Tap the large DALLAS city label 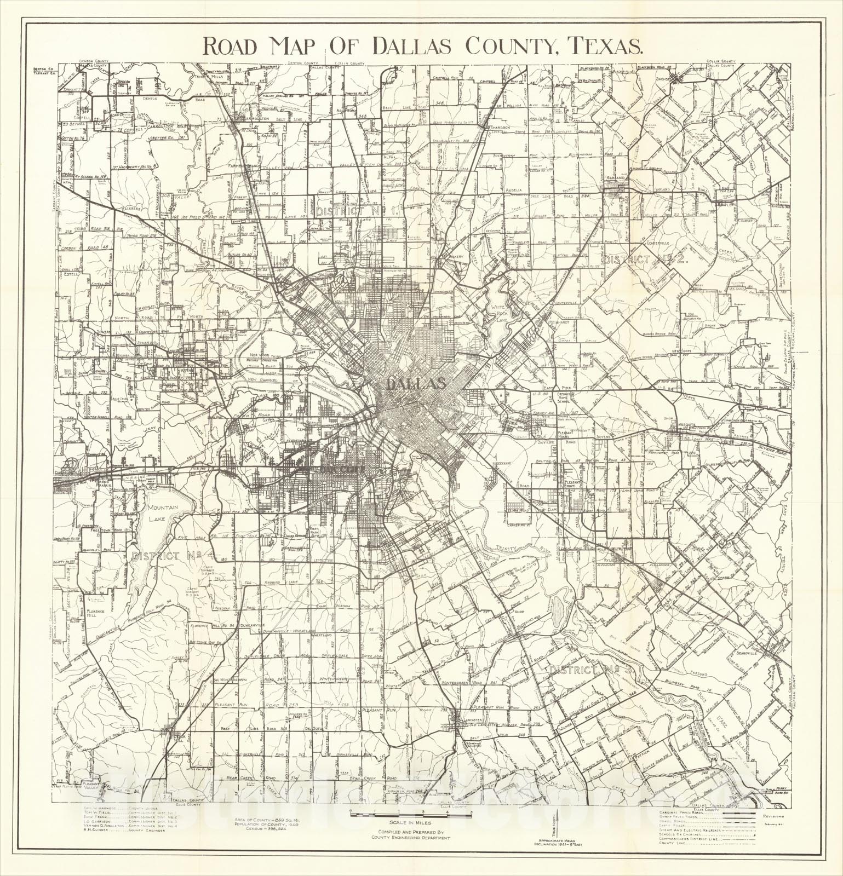[x=415, y=384]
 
